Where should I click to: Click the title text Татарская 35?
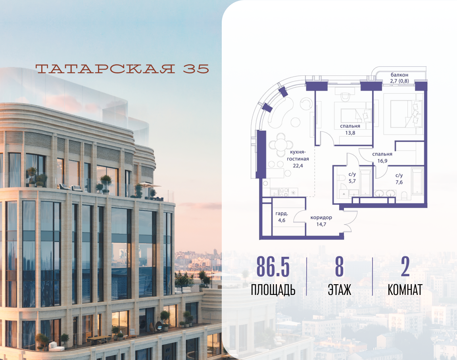pos(122,69)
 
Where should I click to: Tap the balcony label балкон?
pos(399,75)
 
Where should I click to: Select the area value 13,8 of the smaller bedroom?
pos(350,133)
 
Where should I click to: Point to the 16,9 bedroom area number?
pos(382,161)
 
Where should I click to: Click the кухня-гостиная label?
pos(298,155)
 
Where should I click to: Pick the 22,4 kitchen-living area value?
pos(298,166)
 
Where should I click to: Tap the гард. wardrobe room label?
pos(282,214)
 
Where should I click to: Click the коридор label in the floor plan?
pos(321,218)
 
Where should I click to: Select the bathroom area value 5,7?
pos(352,181)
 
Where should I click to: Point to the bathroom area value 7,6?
pos(399,182)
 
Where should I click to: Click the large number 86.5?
pos(273,267)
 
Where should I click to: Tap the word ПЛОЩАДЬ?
pos(273,290)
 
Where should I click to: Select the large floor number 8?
pos(339,267)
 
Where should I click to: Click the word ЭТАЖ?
pos(340,290)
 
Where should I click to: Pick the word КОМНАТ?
pos(405,290)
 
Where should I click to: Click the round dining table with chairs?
pos(281,144)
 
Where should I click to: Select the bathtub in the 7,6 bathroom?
pos(417,181)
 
